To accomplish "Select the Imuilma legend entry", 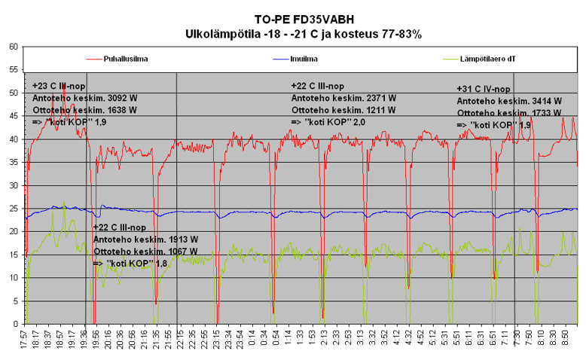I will click(x=304, y=57).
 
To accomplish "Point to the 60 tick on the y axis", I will click(x=13, y=46).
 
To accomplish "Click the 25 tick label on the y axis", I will click(x=13, y=209).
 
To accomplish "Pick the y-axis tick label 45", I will click(x=13, y=116).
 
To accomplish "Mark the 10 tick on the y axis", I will click(x=13, y=278).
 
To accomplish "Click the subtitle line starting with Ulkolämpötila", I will click(x=304, y=34).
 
